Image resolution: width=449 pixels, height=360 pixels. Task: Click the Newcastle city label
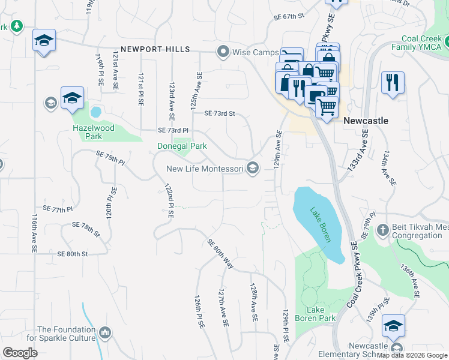[366, 121]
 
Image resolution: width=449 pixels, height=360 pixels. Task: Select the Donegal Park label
[182, 146]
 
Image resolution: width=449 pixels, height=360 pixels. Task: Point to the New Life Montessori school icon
[253, 169]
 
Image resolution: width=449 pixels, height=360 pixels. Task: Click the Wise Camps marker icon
[223, 52]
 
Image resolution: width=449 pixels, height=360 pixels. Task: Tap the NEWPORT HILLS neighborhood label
[155, 49]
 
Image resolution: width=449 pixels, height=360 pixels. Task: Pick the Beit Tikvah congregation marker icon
[382, 230]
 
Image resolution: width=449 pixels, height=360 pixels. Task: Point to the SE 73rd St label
[219, 113]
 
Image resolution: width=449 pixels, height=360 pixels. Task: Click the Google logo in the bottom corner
[20, 352]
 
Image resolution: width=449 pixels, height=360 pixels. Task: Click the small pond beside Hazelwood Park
[95, 112]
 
